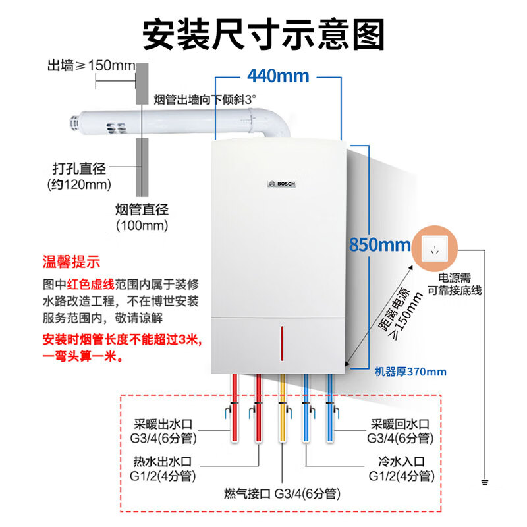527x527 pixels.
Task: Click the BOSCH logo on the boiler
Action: pos(282,184)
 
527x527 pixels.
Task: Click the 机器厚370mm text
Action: pos(410,372)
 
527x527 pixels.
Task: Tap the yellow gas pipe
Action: pos(283,408)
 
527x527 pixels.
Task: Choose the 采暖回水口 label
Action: pos(399,424)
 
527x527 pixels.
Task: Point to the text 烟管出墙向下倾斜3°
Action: pos(204,99)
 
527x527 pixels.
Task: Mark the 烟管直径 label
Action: pos(142,210)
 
